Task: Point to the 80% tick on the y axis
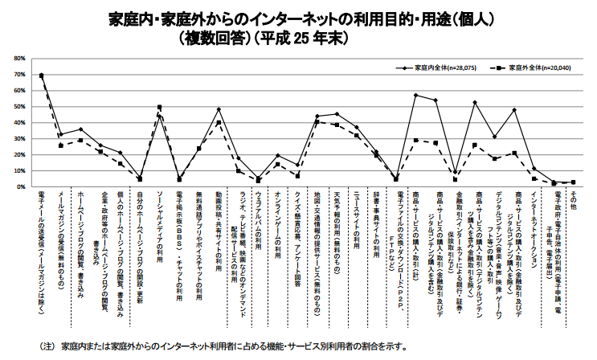[x=18, y=59]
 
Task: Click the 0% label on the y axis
[x=20, y=187]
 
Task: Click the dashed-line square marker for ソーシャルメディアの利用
[x=159, y=108]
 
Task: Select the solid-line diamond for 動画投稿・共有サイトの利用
[x=219, y=109]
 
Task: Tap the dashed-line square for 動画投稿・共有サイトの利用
[x=219, y=123]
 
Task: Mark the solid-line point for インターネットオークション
[x=534, y=169]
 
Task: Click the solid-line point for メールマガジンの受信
[x=61, y=135]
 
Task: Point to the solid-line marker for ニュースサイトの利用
[x=356, y=127]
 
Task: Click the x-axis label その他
[x=573, y=200]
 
